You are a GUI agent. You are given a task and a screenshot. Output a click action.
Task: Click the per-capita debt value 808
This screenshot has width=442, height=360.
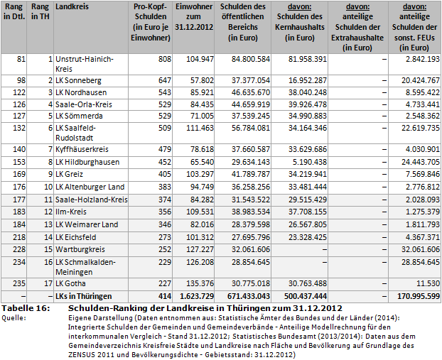click(x=162, y=60)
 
